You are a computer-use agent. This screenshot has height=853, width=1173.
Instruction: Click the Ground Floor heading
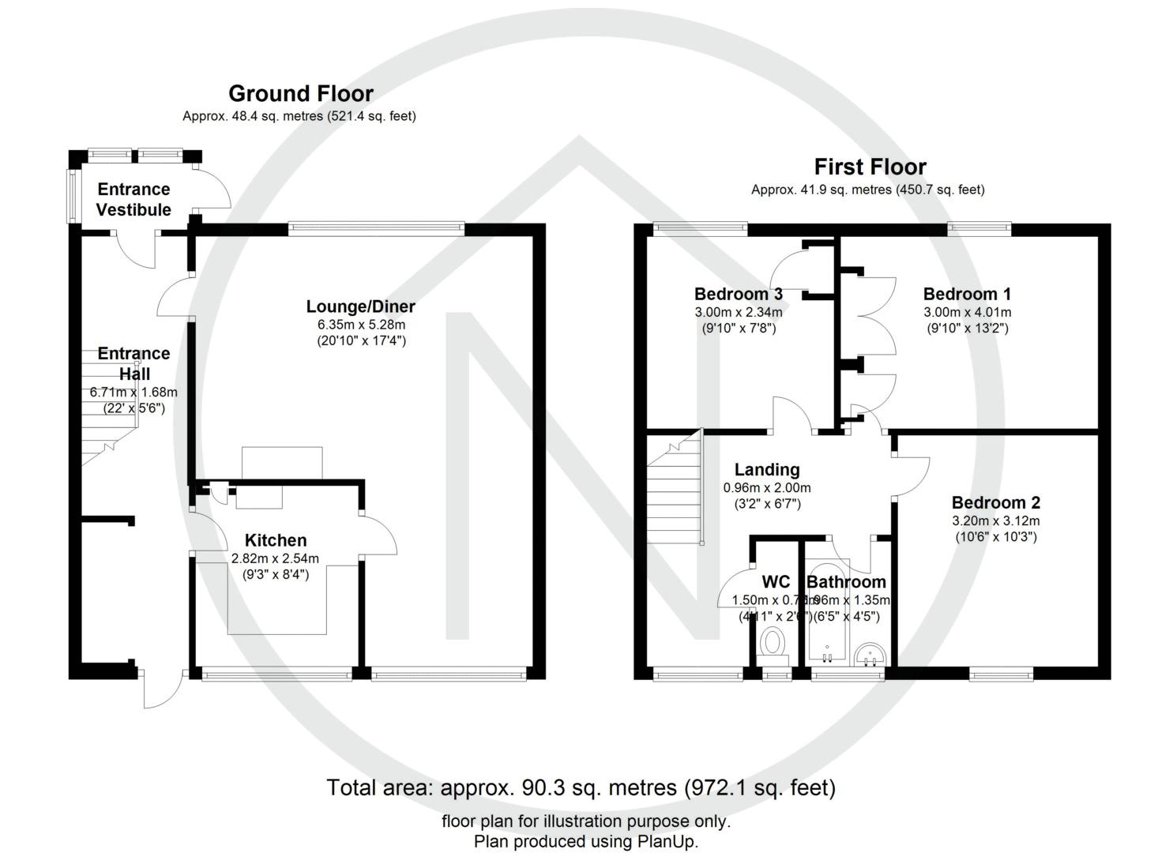tap(300, 93)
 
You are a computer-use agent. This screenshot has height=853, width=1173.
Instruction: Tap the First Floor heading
tap(870, 167)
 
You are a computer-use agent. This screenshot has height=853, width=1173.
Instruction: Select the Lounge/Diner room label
tap(360, 306)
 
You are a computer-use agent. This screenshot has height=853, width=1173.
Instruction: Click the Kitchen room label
tap(275, 540)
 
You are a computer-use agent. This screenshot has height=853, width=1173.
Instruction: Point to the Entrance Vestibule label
tap(133, 199)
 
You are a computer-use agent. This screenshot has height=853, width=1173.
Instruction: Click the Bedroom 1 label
tap(967, 294)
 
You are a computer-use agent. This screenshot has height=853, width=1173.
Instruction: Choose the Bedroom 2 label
tap(995, 502)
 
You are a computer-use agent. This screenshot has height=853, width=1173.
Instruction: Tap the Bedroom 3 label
tap(738, 294)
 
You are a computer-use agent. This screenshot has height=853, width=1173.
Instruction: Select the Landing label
tap(766, 470)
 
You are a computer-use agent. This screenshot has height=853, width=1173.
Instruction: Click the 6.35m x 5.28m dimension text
tap(360, 325)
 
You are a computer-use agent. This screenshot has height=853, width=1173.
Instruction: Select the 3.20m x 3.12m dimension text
tap(995, 520)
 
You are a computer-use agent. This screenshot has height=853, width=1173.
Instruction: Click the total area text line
tap(581, 787)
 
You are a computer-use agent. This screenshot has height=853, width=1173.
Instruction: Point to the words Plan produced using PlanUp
tap(586, 841)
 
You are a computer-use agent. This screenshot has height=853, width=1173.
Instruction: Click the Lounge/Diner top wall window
tap(376, 229)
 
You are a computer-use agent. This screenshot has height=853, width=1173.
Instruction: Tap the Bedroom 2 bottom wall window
tap(1001, 674)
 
